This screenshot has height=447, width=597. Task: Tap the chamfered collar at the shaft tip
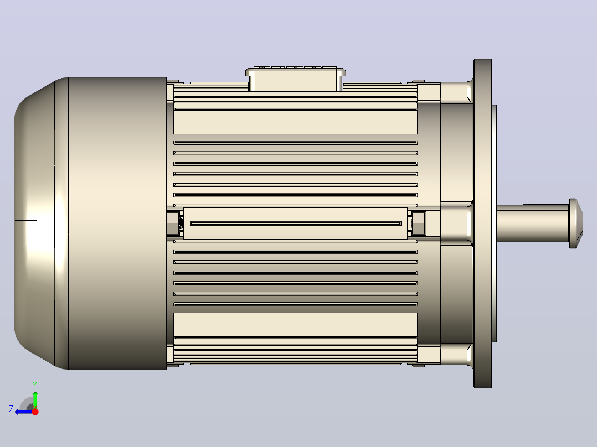point(576,224)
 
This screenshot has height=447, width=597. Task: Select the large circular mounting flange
point(482,224)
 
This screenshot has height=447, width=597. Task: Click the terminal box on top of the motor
point(296,79)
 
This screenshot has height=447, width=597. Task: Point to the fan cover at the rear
point(90,224)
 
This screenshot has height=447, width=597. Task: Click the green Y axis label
point(35,384)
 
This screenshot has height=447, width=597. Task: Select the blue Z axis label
point(11,409)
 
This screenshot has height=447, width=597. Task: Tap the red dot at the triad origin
point(35,412)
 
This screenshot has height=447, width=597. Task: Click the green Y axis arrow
point(35,399)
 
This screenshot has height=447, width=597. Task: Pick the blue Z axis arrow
point(24,412)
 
